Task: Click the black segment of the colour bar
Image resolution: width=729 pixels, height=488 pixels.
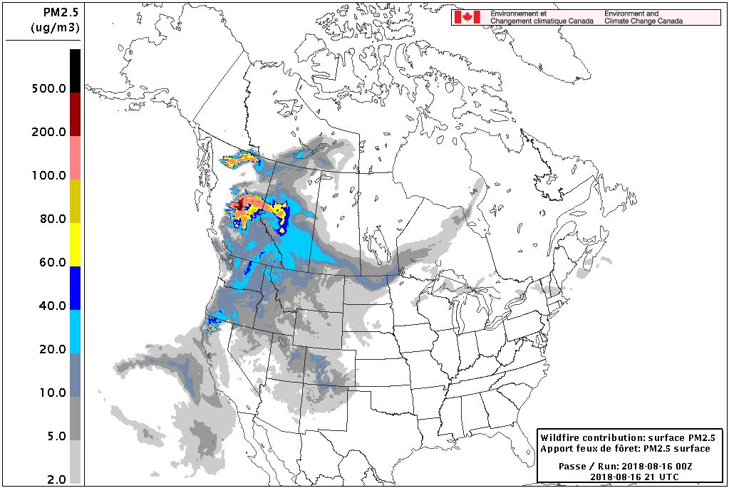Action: point(75,70)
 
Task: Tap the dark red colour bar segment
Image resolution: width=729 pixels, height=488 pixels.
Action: point(75,114)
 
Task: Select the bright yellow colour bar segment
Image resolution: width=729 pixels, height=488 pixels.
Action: point(75,244)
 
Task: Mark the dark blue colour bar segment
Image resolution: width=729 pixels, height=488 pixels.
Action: point(75,288)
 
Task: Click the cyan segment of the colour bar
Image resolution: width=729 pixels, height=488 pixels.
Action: point(75,331)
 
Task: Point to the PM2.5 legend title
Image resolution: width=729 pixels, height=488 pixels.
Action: point(56,11)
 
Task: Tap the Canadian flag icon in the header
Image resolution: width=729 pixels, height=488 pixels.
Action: point(467,17)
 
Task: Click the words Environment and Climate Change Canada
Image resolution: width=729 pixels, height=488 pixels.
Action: point(643,17)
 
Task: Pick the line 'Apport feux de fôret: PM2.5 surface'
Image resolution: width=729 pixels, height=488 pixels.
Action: point(625,449)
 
